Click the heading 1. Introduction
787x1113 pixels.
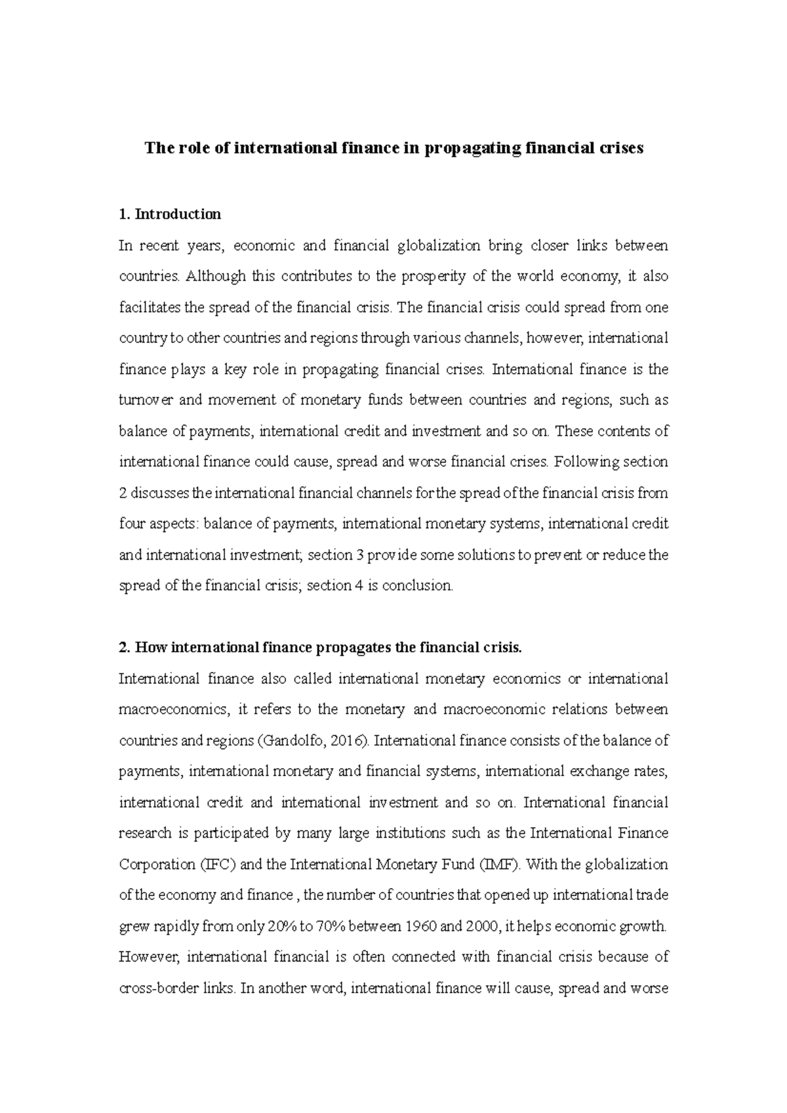pyautogui.click(x=170, y=214)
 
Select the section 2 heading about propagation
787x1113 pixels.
pyautogui.click(x=320, y=648)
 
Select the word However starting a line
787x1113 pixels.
pyautogui.click(x=148, y=958)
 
